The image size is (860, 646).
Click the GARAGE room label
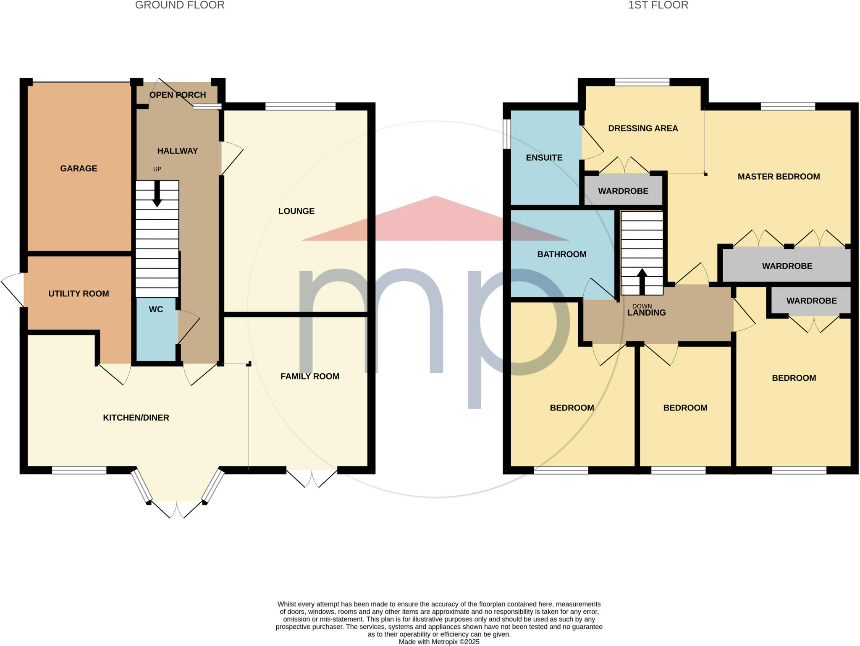pyautogui.click(x=79, y=168)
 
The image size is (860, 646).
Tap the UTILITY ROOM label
pyautogui.click(x=79, y=294)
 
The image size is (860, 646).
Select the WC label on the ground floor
pyautogui.click(x=156, y=309)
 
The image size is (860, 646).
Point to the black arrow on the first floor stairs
pyautogui.click(x=642, y=280)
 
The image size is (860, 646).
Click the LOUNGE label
pyautogui.click(x=296, y=211)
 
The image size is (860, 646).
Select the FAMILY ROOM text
pyautogui.click(x=310, y=377)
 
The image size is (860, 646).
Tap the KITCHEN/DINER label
pyautogui.click(x=136, y=418)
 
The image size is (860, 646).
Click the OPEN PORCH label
pyautogui.click(x=178, y=95)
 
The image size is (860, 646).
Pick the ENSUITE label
pyautogui.click(x=544, y=158)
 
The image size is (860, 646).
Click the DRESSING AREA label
pyautogui.click(x=643, y=128)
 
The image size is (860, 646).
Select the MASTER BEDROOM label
pyautogui.click(x=779, y=177)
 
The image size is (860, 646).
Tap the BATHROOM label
pyautogui.click(x=562, y=254)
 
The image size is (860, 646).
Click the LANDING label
pyautogui.click(x=647, y=313)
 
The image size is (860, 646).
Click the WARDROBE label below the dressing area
pyautogui.click(x=623, y=191)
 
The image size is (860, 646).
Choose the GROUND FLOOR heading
pyautogui.click(x=180, y=5)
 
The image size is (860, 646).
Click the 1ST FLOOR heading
pyautogui.click(x=658, y=5)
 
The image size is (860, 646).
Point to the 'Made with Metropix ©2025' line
pyautogui.click(x=439, y=642)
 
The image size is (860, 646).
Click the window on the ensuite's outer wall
pyautogui.click(x=506, y=134)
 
